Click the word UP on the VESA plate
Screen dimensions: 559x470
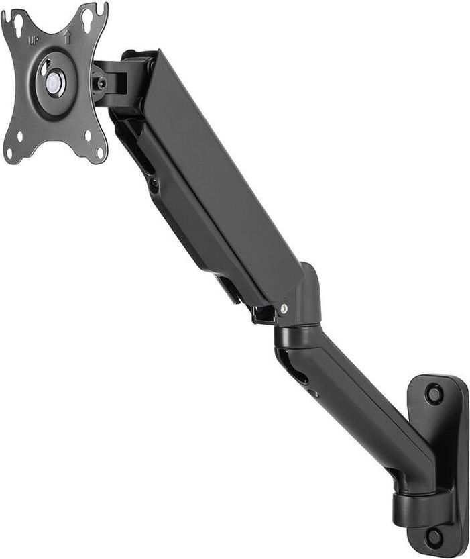(x=33, y=40)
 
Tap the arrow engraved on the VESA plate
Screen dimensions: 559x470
(x=67, y=38)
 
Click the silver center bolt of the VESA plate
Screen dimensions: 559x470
(x=54, y=83)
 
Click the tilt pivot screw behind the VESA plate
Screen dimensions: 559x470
(x=102, y=83)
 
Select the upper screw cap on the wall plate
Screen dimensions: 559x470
(x=434, y=393)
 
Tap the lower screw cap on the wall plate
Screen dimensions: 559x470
(x=434, y=535)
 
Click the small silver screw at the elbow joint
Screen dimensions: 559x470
(x=284, y=309)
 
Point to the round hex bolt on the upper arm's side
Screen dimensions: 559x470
(x=154, y=182)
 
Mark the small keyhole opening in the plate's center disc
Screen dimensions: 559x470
(x=45, y=69)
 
